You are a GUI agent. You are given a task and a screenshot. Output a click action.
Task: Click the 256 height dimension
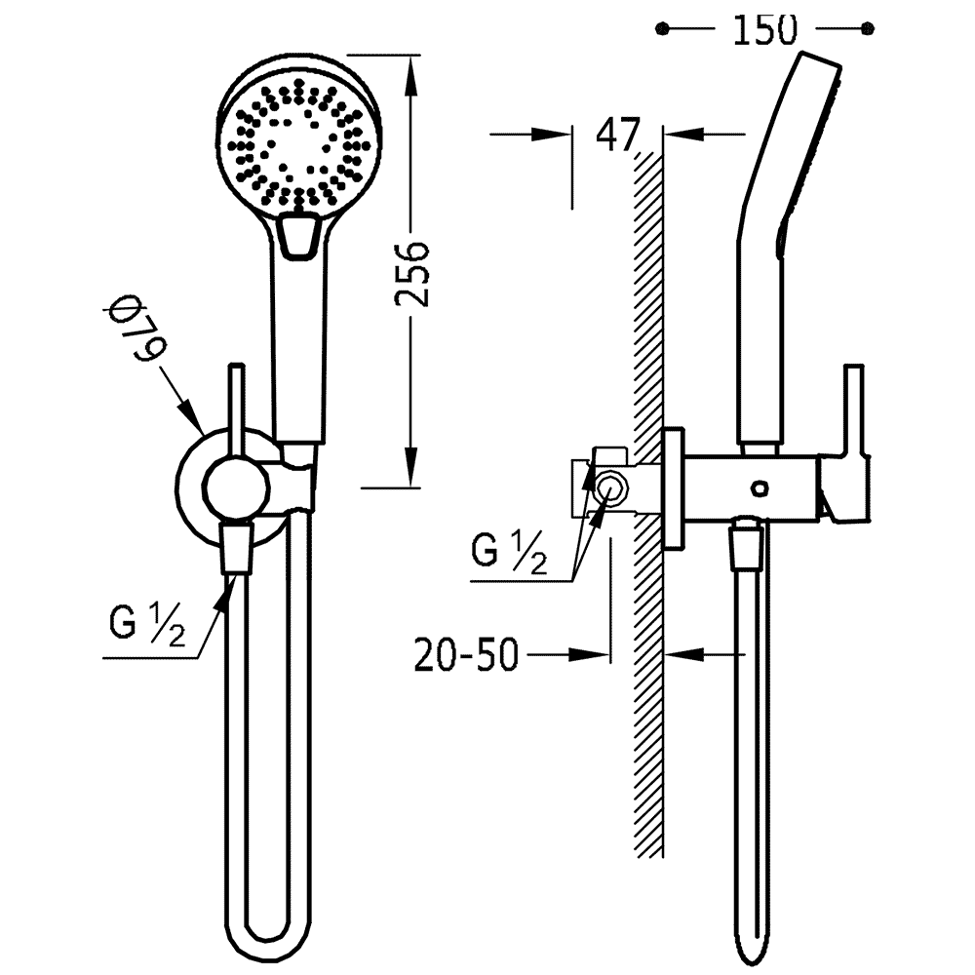pos(412,273)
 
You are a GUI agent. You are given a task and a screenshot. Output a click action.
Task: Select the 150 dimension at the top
pos(764,29)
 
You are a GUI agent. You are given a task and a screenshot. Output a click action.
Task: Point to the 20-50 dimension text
pos(466,654)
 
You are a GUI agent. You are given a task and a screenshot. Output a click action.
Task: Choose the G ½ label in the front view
pos(147,624)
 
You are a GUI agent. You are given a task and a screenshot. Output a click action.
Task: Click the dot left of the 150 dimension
pos(664,28)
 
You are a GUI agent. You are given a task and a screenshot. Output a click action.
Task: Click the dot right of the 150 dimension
pos(868,28)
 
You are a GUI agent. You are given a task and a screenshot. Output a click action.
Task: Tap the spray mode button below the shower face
pos(300,235)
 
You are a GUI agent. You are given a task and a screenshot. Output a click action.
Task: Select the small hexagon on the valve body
pos(759,487)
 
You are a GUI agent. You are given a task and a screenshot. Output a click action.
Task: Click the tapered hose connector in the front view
pos(237,548)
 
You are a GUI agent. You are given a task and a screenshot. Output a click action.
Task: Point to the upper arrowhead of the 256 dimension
pos(410,75)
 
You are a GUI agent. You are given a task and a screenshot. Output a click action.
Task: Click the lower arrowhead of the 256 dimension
pos(410,467)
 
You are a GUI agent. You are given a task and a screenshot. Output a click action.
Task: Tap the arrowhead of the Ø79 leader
pos(192,416)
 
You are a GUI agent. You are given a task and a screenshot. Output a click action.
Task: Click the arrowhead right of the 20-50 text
pos(590,654)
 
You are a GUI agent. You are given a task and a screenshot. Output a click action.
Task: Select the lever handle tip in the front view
pos(237,369)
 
